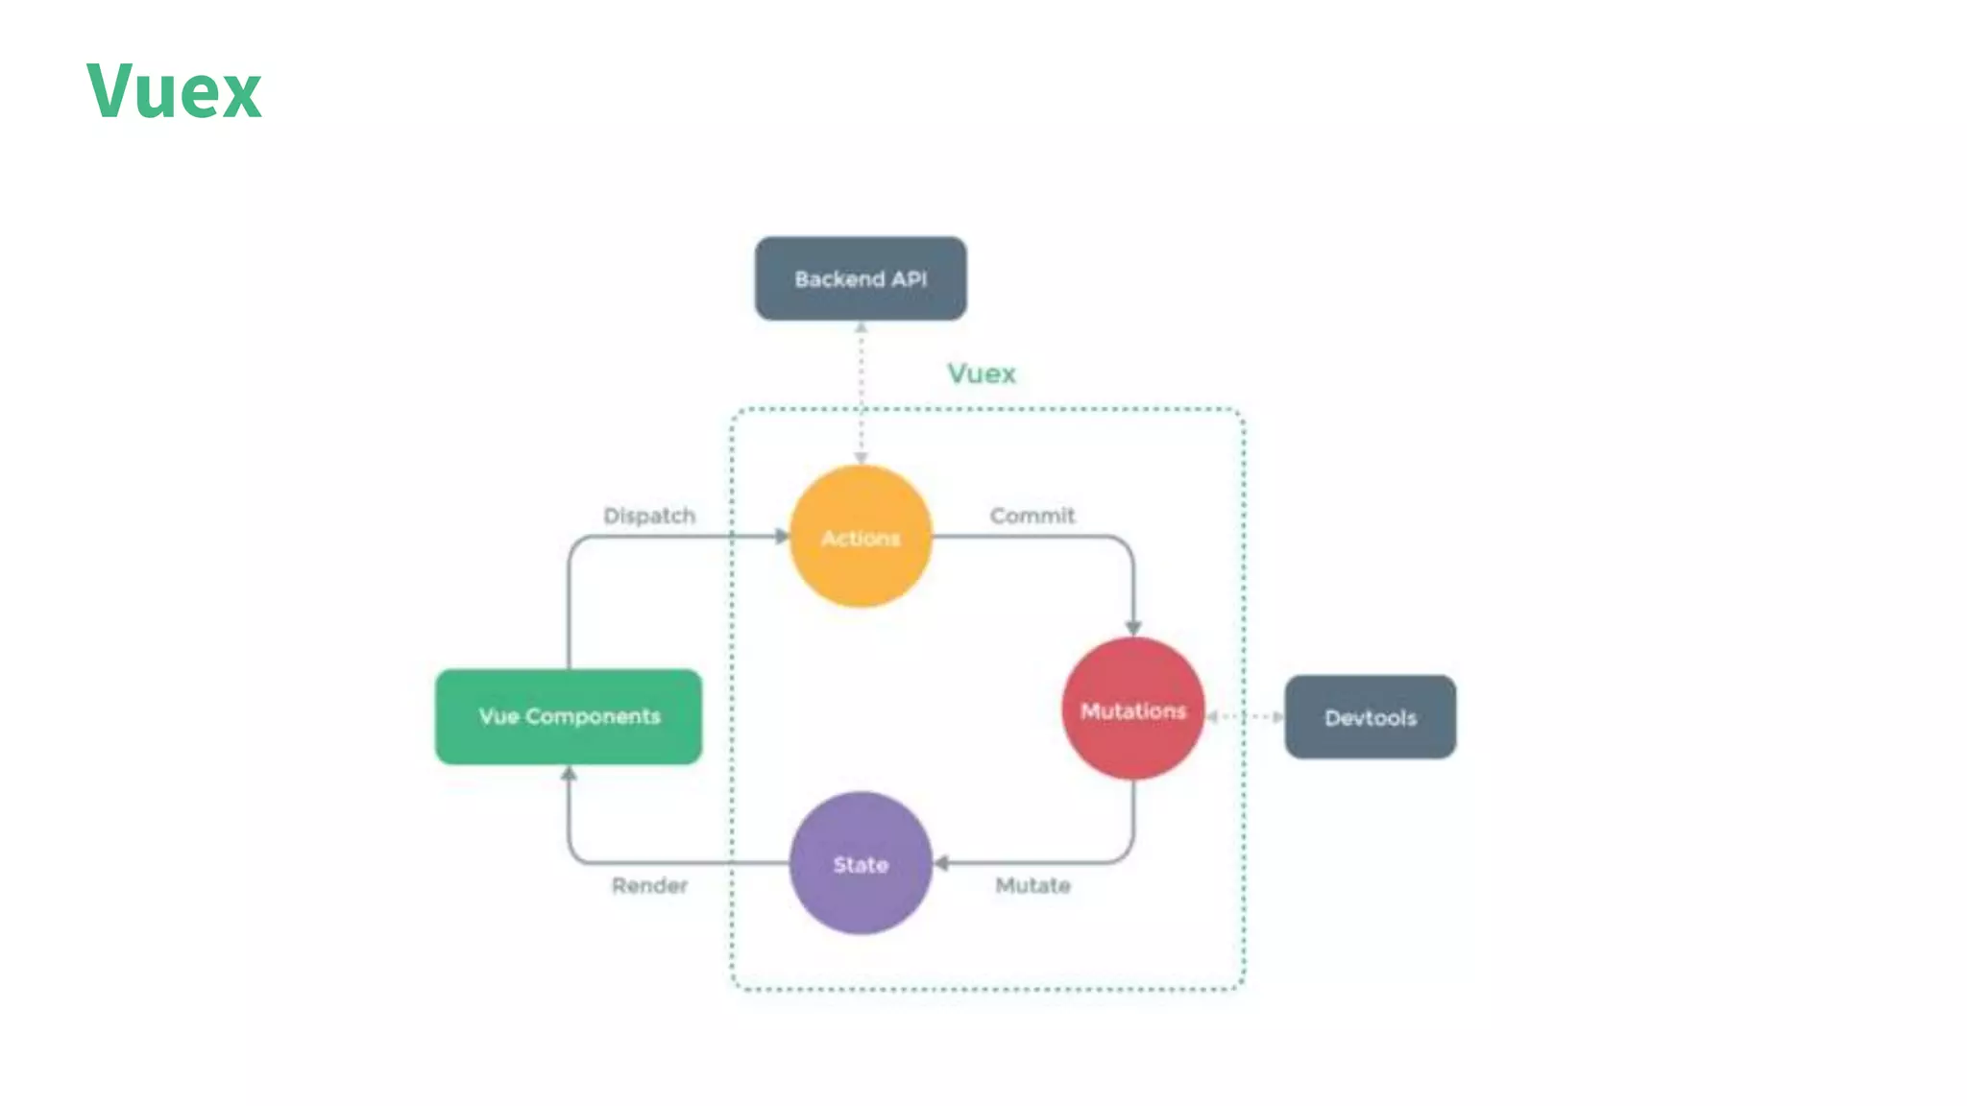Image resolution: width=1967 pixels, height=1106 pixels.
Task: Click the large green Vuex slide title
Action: click(174, 91)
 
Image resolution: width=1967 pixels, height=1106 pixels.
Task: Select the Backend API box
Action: click(861, 278)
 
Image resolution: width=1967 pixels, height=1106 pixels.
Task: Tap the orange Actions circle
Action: click(861, 537)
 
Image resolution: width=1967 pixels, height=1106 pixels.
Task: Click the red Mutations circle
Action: click(1133, 709)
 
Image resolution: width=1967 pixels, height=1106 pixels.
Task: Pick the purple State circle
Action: click(861, 863)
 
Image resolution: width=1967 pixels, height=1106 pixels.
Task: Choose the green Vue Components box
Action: click(569, 716)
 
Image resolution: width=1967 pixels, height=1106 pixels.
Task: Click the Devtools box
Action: click(1371, 717)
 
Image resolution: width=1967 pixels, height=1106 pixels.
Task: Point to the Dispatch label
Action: click(649, 516)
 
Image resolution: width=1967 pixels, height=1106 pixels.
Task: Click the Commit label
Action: click(1032, 516)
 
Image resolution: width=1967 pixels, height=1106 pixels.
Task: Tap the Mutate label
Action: click(1032, 885)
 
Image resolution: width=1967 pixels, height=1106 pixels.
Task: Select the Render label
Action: click(649, 885)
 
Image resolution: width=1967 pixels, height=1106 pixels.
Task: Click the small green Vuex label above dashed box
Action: click(982, 373)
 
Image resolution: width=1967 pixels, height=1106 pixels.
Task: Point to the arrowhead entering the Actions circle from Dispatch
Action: click(782, 536)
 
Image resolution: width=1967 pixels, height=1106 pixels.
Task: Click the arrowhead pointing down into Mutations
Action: click(1133, 628)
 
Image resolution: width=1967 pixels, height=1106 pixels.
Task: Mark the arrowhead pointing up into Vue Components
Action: click(569, 773)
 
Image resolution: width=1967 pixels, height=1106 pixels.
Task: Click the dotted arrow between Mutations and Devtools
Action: click(1245, 716)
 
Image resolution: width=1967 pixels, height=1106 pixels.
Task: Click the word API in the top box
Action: click(909, 279)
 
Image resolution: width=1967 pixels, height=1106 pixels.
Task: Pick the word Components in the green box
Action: click(593, 716)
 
